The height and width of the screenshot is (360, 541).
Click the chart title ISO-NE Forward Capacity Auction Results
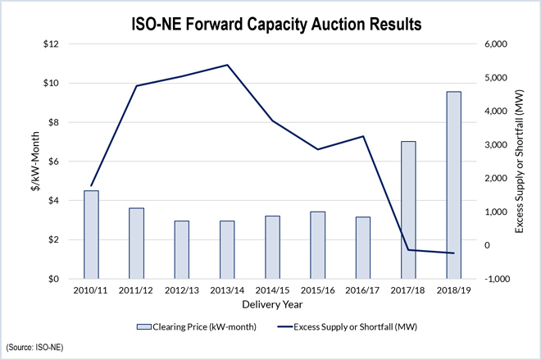pos(270,25)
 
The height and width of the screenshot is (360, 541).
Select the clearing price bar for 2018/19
pos(453,185)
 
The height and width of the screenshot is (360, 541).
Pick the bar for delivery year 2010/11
pos(91,235)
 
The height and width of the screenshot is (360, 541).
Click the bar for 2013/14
pos(227,249)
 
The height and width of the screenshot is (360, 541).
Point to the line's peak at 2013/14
pos(227,65)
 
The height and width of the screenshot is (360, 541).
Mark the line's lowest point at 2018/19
pos(453,253)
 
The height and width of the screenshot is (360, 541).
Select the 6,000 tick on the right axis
pos(491,44)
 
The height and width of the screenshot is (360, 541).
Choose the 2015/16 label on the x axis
pos(317,291)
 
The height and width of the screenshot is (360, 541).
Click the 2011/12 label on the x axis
pos(136,291)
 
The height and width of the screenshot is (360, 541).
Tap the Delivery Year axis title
pos(272,305)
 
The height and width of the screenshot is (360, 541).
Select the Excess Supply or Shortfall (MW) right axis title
pos(520,162)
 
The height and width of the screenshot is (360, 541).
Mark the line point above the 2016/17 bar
pos(362,136)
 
